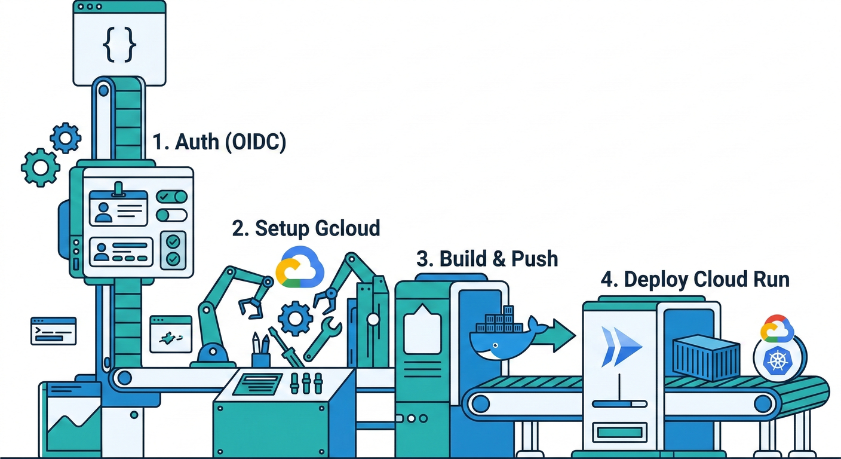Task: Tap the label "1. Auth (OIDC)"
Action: point(219,142)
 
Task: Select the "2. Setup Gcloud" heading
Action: point(306,228)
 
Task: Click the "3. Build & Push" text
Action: point(487,258)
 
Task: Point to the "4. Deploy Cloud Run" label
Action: point(695,279)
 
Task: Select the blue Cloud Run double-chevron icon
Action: point(621,346)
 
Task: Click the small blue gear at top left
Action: point(65,138)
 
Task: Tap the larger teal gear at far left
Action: point(41,167)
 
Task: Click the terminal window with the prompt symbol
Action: point(54,331)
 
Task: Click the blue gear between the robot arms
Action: point(295,319)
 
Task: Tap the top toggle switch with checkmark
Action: point(171,197)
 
